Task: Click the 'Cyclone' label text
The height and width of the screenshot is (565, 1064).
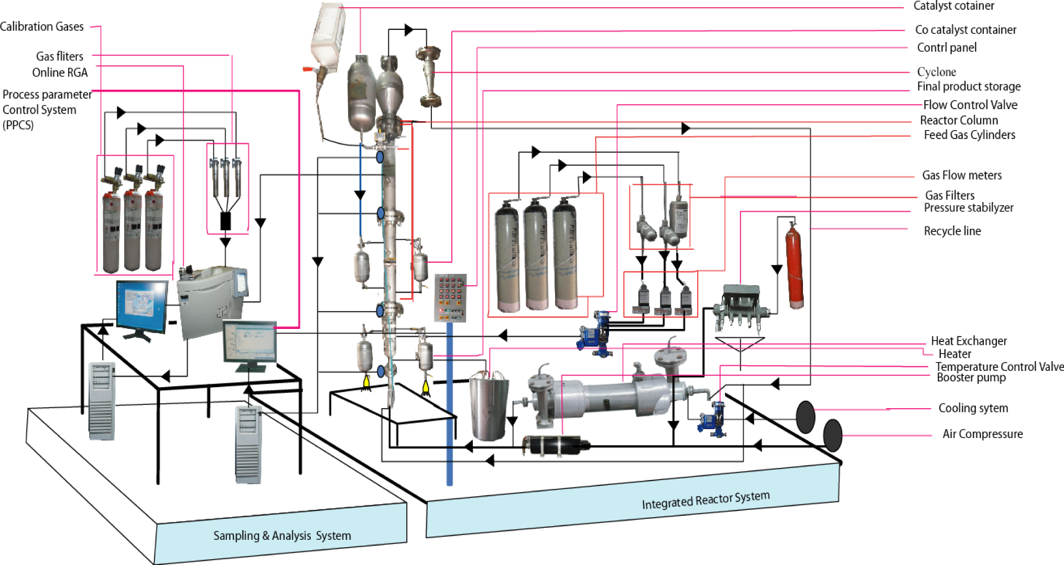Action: click(936, 72)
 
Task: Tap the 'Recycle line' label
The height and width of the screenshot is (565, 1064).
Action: click(952, 231)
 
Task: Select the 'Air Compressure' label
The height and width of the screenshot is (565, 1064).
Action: click(982, 434)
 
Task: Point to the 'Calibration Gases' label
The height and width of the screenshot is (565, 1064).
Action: click(42, 27)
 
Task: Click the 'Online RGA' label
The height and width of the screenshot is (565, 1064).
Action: click(60, 72)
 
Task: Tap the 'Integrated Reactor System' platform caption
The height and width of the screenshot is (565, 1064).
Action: click(705, 499)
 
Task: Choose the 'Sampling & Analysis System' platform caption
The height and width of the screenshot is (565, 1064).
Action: click(282, 536)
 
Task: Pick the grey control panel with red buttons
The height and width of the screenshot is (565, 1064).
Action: click(450, 297)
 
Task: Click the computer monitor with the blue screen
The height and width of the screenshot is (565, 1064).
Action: click(142, 307)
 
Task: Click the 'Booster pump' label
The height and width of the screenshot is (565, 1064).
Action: click(971, 378)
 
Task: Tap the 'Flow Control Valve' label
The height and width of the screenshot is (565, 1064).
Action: click(970, 105)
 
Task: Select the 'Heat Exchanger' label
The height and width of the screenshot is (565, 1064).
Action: click(969, 341)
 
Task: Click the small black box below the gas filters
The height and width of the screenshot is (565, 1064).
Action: click(225, 221)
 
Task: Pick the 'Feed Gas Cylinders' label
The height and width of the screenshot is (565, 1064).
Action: click(969, 135)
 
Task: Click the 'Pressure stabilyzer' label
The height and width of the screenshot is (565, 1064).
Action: click(968, 208)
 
